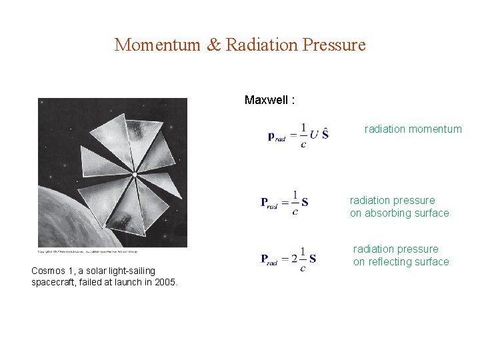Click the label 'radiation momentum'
click(x=413, y=129)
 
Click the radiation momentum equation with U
click(x=298, y=135)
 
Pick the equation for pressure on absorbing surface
click(x=285, y=203)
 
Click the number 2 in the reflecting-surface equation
click(x=294, y=258)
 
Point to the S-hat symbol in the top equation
click(x=325, y=133)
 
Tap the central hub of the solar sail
click(x=134, y=175)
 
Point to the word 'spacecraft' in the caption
click(x=54, y=282)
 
